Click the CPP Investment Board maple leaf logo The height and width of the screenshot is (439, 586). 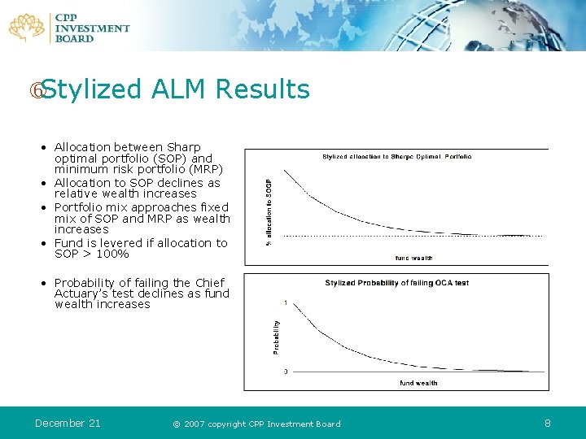coord(26,27)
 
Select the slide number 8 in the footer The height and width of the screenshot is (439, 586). coord(548,423)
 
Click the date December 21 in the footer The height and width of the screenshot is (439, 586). coord(68,423)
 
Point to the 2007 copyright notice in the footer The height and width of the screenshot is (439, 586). coord(256,424)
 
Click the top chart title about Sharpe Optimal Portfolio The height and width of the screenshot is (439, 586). coord(396,156)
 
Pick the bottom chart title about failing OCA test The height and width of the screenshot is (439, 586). coord(396,283)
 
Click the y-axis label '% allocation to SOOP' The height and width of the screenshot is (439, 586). coord(270,211)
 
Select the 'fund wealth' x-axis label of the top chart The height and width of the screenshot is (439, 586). coord(413,259)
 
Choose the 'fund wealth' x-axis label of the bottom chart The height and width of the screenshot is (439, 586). coord(418,382)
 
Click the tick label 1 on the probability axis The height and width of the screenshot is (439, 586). coord(285,303)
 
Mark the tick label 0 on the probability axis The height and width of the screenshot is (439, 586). coord(285,372)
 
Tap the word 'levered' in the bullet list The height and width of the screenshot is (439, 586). coord(111,243)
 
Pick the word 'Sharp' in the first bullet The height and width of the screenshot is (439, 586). coord(184,147)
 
